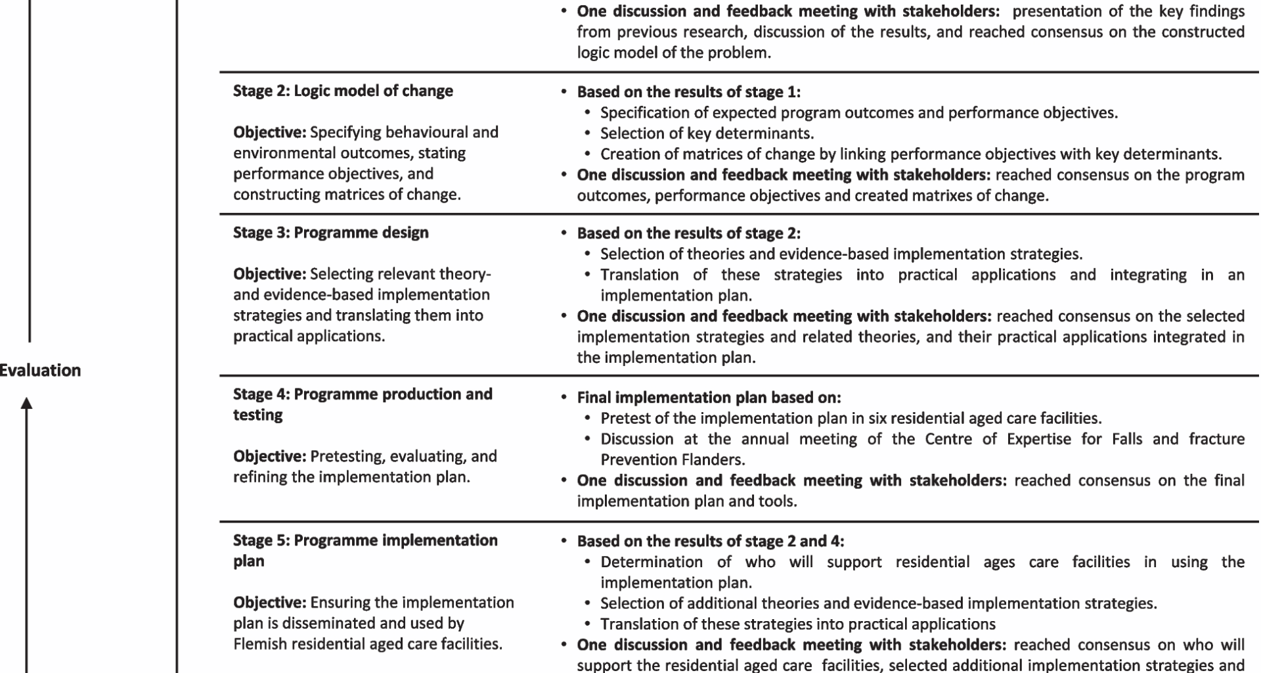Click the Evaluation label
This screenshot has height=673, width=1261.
click(x=41, y=371)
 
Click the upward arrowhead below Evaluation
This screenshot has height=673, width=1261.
click(x=27, y=404)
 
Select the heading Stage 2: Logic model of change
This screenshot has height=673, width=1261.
click(x=343, y=91)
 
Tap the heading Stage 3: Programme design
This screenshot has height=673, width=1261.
click(x=330, y=233)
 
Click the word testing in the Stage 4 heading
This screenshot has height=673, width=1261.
click(x=258, y=415)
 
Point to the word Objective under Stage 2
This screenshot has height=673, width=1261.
click(x=269, y=132)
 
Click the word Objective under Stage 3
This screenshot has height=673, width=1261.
click(x=269, y=274)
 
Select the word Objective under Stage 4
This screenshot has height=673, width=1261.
click(x=269, y=456)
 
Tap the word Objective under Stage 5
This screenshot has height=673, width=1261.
click(x=269, y=603)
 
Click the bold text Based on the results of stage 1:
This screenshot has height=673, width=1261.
click(x=688, y=92)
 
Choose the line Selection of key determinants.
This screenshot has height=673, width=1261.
click(x=707, y=133)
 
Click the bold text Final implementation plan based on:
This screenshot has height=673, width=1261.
click(x=709, y=398)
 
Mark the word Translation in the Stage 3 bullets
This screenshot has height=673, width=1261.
click(x=630, y=275)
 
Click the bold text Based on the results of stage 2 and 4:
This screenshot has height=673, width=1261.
click(x=711, y=542)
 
